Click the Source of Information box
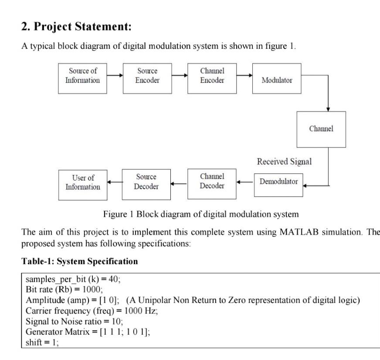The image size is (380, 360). [x=82, y=78]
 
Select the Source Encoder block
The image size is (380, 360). [x=147, y=78]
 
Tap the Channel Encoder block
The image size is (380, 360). [x=212, y=78]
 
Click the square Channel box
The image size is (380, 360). [x=321, y=129]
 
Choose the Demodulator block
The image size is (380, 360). [x=278, y=182]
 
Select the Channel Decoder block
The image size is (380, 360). [x=212, y=181]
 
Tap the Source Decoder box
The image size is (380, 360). [x=146, y=182]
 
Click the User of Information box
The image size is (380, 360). [x=83, y=185]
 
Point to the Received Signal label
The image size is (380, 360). [x=284, y=161]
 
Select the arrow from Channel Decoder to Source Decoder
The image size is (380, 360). [x=179, y=183]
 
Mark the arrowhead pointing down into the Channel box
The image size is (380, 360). [x=328, y=109]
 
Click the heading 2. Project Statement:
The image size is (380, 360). [x=76, y=27]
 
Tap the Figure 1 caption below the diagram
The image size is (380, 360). [x=201, y=214]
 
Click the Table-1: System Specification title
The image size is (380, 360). [x=80, y=261]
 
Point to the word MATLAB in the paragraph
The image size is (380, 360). [x=285, y=232]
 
